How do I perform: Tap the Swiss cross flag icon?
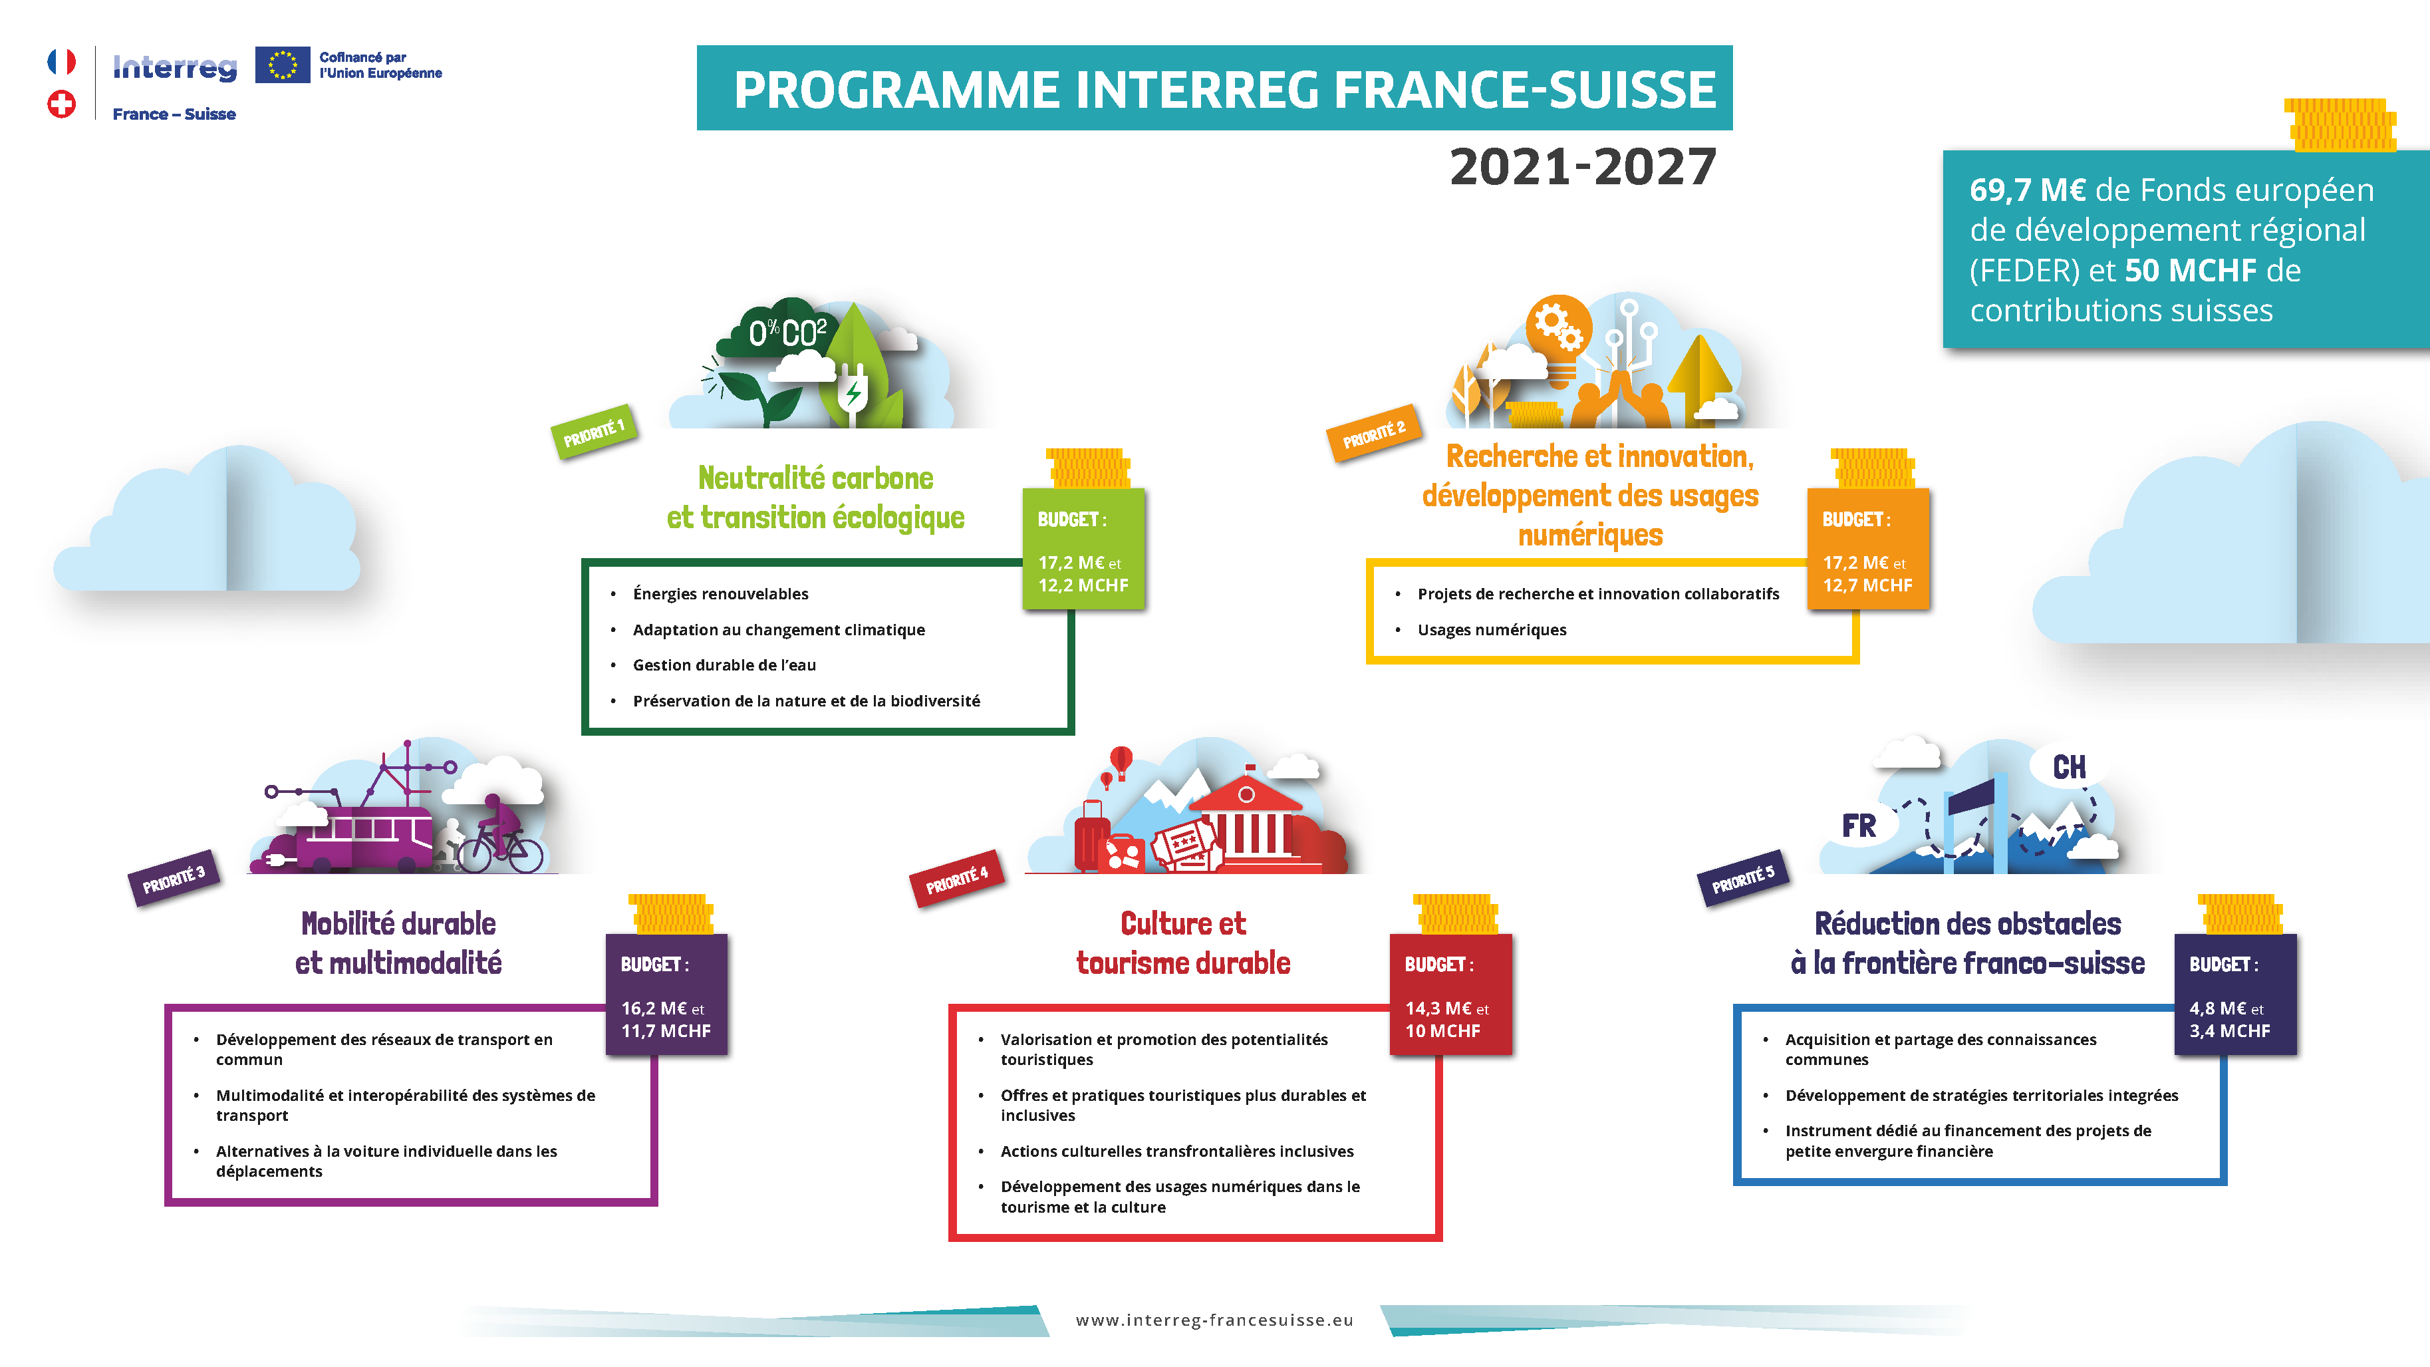(61, 104)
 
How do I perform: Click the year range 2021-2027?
(1582, 167)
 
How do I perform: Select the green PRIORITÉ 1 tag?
(593, 433)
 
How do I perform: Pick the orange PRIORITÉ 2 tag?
(1373, 433)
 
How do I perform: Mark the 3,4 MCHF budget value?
(2229, 1031)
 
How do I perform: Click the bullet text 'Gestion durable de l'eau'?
(724, 665)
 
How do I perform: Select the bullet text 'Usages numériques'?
(1492, 630)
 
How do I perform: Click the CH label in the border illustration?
(2069, 767)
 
